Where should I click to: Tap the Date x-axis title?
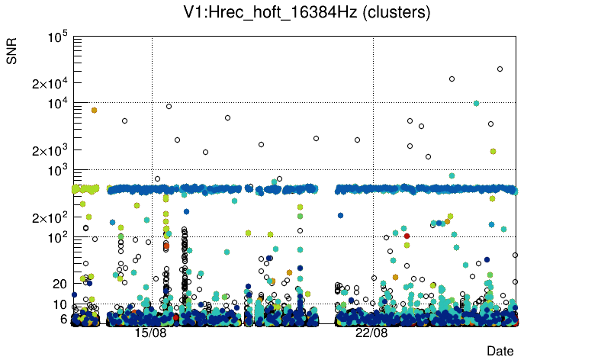(500, 350)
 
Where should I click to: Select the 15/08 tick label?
(150, 333)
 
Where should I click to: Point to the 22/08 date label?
(371, 333)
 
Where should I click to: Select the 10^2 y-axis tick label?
(58, 237)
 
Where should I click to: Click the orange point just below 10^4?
(94, 110)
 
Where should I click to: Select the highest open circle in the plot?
(500, 69)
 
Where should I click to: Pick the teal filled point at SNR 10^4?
(476, 103)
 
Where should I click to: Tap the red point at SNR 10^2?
(407, 236)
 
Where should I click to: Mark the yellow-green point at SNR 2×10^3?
(493, 151)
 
